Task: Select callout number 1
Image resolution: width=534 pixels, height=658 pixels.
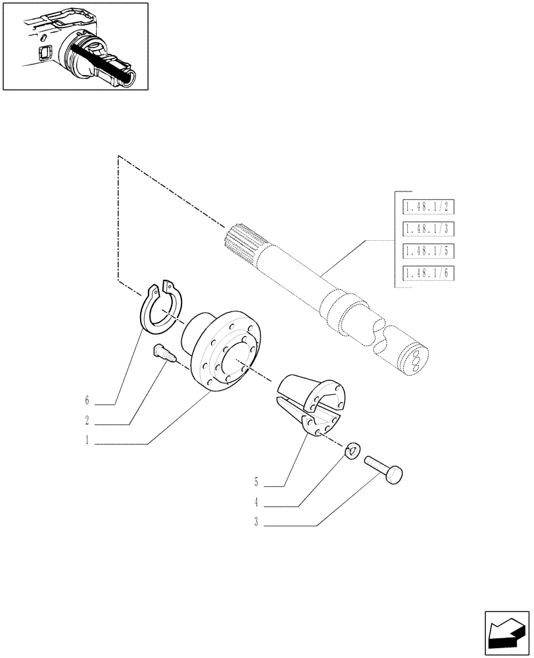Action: point(86,443)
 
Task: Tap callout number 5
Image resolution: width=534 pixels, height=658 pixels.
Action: point(256,483)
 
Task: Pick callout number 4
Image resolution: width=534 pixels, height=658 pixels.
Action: point(256,504)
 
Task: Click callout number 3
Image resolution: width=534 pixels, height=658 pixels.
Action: point(256,525)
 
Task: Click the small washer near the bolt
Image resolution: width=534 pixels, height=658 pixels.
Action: point(353,451)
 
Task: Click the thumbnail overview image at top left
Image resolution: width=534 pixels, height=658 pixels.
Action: point(75,46)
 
